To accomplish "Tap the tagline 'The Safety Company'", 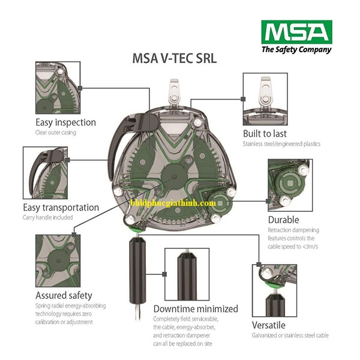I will pos(296,50).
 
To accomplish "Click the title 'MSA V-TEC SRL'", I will pos(174,59).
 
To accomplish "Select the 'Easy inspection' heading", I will pos(65,122).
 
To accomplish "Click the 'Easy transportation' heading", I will pos(67,207).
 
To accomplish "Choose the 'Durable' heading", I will pos(284,220).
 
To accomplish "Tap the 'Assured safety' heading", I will pos(64,295).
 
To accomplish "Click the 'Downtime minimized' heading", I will pos(196,309).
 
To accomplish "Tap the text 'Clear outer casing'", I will pos(56,132).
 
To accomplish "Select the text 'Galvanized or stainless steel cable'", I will pos(290,335).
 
